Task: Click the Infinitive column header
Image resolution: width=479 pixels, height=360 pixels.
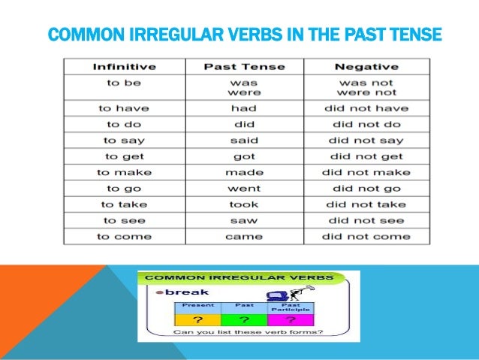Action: point(124,67)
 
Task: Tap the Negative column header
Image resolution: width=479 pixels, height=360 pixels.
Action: point(366,67)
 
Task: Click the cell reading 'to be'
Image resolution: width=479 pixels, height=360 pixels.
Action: point(124,83)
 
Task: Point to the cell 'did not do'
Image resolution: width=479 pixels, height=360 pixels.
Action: point(366,125)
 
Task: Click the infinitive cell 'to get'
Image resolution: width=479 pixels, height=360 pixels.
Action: point(124,157)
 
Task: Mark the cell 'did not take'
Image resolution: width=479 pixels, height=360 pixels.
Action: point(366,204)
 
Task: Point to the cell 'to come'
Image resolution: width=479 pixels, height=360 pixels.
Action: point(124,237)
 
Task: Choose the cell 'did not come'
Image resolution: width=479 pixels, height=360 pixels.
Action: point(366,237)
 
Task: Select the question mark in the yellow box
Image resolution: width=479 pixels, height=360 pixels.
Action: point(198,318)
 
